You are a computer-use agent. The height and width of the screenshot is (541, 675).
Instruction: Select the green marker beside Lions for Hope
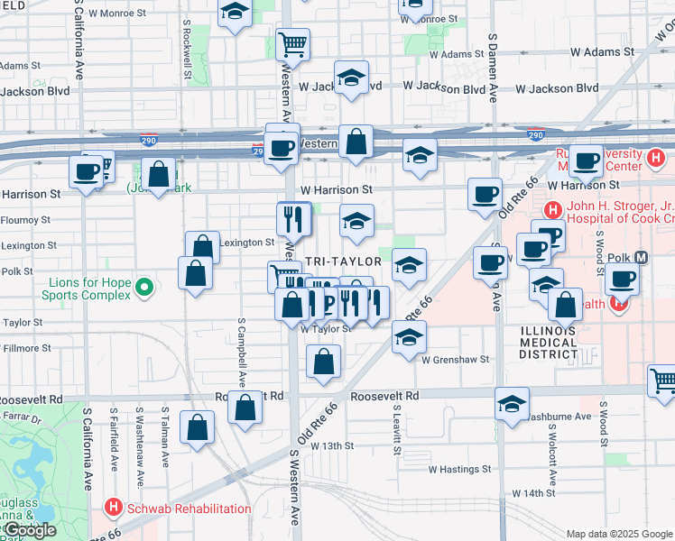pos(143,289)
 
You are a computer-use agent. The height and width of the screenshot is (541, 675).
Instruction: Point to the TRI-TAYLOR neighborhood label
pos(344,261)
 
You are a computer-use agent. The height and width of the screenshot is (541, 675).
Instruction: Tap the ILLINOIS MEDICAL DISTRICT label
pos(548,342)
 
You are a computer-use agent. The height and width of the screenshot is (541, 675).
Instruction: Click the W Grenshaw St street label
pos(455,359)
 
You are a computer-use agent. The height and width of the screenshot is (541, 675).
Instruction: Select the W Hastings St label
pos(459,469)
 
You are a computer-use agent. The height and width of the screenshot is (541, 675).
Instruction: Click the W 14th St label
pos(532,493)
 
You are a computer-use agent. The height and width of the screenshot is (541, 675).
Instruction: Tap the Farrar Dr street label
pos(16,417)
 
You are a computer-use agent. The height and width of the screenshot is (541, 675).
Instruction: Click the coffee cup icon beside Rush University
pos(586,161)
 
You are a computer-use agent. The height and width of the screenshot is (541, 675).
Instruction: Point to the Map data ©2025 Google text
pos(618,534)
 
